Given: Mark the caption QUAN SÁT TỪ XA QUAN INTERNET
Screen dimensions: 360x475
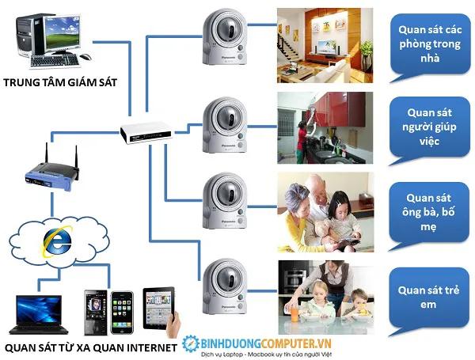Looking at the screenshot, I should pyautogui.click(x=91, y=347).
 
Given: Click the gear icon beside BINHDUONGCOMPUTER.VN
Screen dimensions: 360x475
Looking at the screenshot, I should pyautogui.click(x=190, y=343).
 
